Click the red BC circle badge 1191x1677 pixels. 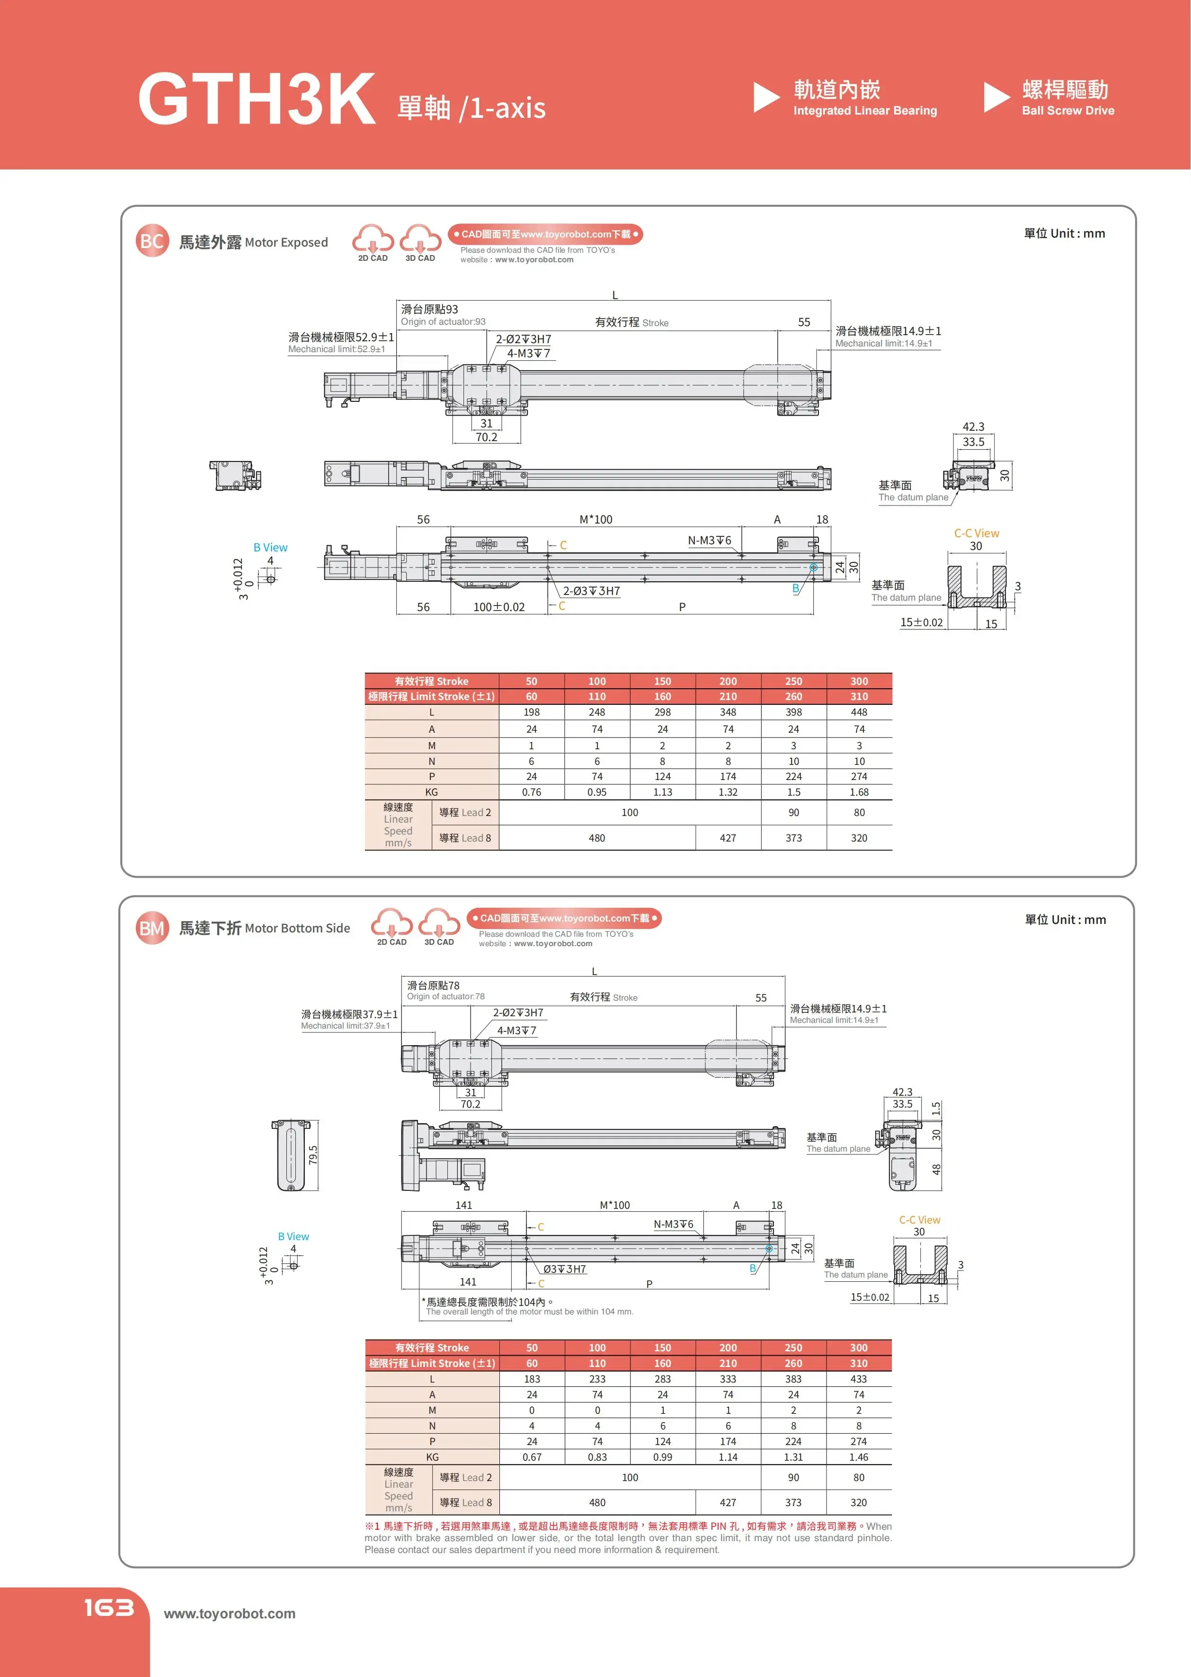coord(152,241)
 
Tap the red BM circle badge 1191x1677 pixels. coord(152,928)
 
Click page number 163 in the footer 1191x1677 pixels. coord(108,1607)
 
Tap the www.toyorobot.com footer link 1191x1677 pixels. coord(230,1613)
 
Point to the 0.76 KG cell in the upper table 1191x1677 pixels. coord(531,792)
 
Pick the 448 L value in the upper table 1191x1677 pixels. coord(859,712)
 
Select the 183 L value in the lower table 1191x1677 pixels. coord(532,1378)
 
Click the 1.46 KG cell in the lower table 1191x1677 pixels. coord(859,1457)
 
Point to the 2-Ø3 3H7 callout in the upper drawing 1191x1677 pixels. coord(591,591)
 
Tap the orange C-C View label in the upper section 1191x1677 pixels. coord(976,533)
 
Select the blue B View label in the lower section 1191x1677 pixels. coord(293,1236)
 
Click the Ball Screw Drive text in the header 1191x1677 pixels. coord(1068,111)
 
